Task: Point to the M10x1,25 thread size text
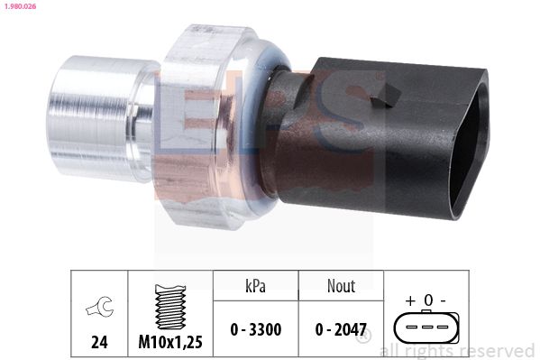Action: [x=170, y=341]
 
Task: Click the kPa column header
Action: [x=255, y=285]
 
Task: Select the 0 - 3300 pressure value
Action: [x=255, y=329]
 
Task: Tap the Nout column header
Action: [x=340, y=285]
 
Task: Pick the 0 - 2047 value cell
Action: [x=340, y=329]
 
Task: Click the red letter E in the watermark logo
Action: [x=180, y=126]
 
